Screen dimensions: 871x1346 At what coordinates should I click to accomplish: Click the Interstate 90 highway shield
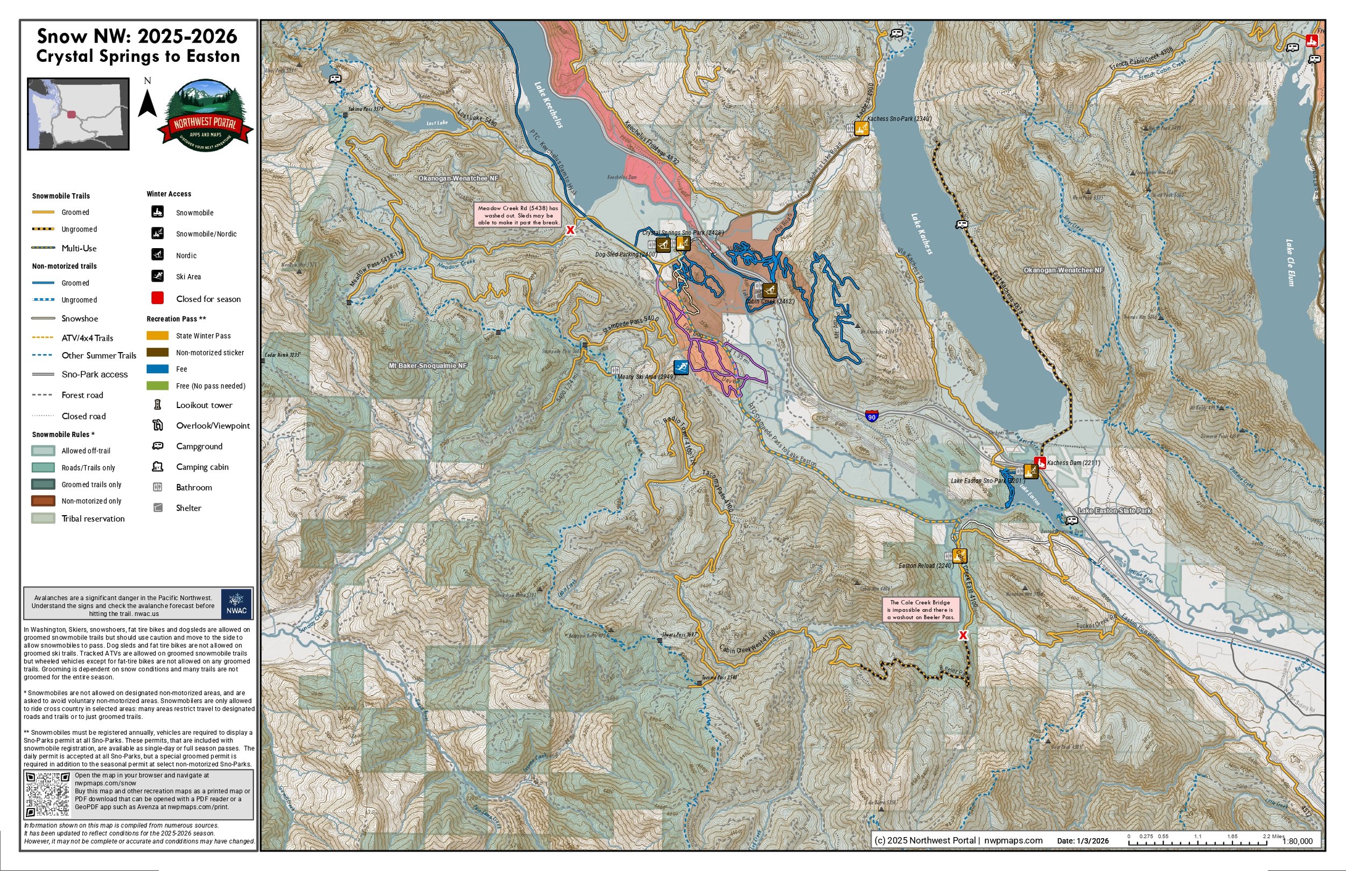point(872,416)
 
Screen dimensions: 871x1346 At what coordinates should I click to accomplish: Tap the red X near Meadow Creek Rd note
point(571,230)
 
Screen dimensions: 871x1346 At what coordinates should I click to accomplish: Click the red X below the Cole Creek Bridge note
point(963,635)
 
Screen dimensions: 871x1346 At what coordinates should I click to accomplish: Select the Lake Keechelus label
point(548,105)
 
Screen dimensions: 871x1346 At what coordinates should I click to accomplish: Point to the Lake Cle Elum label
point(1290,263)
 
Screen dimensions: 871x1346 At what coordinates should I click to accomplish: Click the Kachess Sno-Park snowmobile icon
point(861,128)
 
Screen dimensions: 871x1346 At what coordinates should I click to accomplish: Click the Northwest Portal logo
point(205,115)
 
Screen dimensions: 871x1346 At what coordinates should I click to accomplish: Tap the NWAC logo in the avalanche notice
point(236,603)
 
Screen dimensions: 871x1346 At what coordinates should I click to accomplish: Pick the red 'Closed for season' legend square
point(157,298)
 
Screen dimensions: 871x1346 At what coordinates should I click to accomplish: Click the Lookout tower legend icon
point(157,405)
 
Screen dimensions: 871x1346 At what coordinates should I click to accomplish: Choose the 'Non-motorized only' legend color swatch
point(43,501)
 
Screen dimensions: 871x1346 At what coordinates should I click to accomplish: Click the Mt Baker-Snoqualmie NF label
point(427,366)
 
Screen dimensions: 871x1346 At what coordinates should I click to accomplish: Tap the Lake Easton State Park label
point(1114,511)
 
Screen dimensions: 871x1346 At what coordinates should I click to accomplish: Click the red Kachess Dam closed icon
point(1040,462)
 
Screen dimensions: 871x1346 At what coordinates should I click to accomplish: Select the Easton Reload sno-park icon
point(959,556)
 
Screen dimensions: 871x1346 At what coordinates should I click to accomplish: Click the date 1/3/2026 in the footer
point(1093,841)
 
